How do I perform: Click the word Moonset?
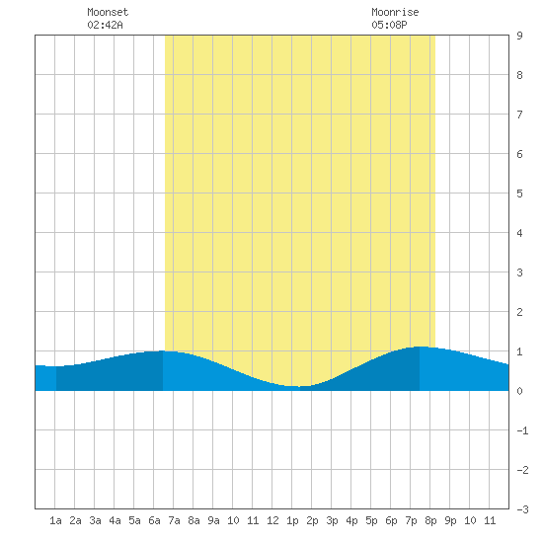click(108, 12)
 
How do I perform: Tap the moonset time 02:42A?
click(105, 25)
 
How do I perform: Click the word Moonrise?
click(395, 12)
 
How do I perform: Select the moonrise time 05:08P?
click(389, 25)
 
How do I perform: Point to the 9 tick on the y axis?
click(519, 36)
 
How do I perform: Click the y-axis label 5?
click(519, 194)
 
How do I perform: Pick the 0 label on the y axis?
click(519, 391)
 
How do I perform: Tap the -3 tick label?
click(522, 509)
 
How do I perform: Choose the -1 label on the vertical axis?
click(522, 430)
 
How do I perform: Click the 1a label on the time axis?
click(55, 520)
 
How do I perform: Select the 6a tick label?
click(154, 520)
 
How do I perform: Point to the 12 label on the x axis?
click(272, 520)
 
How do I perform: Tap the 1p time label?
click(292, 521)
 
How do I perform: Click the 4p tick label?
click(351, 521)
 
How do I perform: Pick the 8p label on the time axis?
click(430, 521)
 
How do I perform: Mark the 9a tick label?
click(213, 520)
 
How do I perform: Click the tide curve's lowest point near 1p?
click(297, 386)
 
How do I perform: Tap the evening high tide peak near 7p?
click(420, 347)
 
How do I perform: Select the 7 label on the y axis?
click(519, 115)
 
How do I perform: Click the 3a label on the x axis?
click(95, 520)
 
